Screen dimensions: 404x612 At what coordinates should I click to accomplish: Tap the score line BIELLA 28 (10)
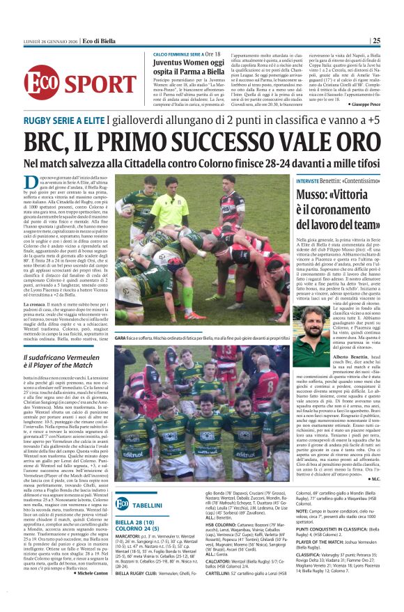pos(137,521)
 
